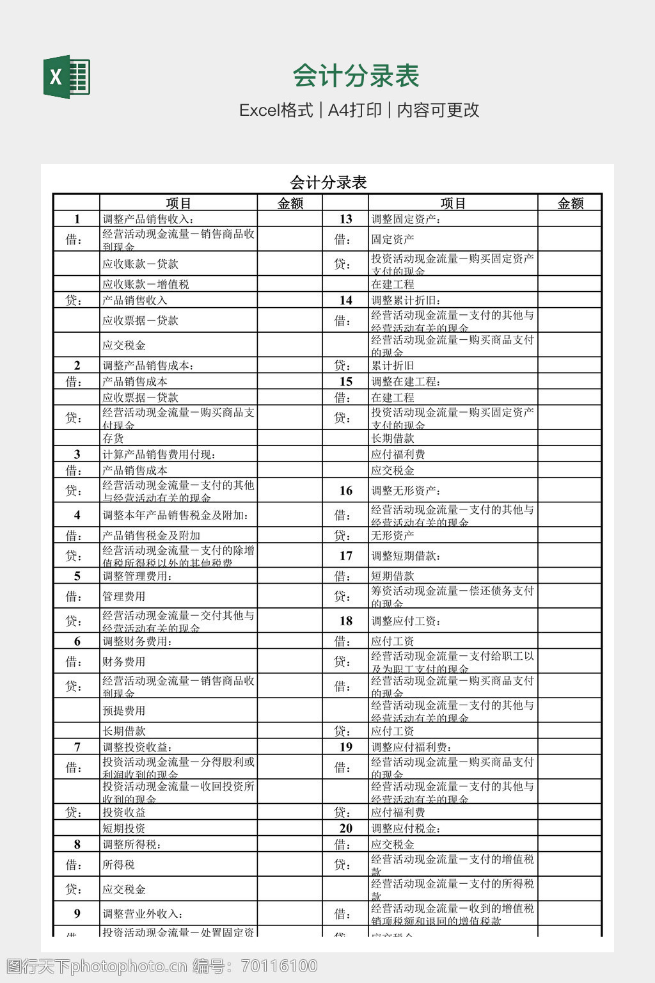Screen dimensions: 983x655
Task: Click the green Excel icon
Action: coord(67,77)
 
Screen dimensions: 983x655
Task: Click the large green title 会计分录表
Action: coord(356,76)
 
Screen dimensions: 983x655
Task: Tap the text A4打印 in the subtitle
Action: coord(354,110)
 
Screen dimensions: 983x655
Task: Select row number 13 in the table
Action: coord(345,219)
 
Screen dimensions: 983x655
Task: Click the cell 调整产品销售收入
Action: coord(148,219)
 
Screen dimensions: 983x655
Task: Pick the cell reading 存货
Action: coord(113,438)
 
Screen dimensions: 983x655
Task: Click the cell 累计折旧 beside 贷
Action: coord(393,365)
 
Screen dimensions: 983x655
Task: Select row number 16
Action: coord(345,490)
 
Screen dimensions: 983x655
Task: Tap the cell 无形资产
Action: coord(393,535)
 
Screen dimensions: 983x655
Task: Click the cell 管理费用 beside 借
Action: coord(124,596)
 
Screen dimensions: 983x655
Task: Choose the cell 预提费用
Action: coord(124,710)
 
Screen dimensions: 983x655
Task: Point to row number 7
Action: coord(77,747)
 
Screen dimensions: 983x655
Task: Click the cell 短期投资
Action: coord(124,828)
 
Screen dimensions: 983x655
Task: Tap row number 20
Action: coord(345,828)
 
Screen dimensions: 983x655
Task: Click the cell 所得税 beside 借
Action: coord(119,865)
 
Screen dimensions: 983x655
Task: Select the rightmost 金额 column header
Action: coord(570,203)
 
